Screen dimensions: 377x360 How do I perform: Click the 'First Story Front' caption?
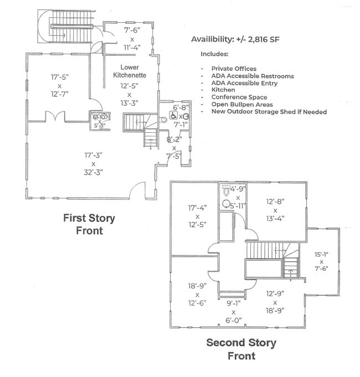point(89,224)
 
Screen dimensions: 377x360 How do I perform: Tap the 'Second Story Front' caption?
point(241,349)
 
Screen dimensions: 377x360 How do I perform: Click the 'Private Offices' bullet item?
point(234,69)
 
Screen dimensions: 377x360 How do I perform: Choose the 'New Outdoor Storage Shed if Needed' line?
point(269,112)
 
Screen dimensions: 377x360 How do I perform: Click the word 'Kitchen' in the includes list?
point(223,90)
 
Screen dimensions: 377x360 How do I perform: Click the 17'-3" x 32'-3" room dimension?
point(93,164)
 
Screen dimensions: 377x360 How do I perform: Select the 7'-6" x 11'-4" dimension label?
point(132,39)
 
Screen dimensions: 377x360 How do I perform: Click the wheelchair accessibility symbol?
point(173,116)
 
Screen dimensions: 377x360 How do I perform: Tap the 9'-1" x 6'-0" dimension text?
point(234,312)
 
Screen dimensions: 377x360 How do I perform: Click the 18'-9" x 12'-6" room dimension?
point(197,295)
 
